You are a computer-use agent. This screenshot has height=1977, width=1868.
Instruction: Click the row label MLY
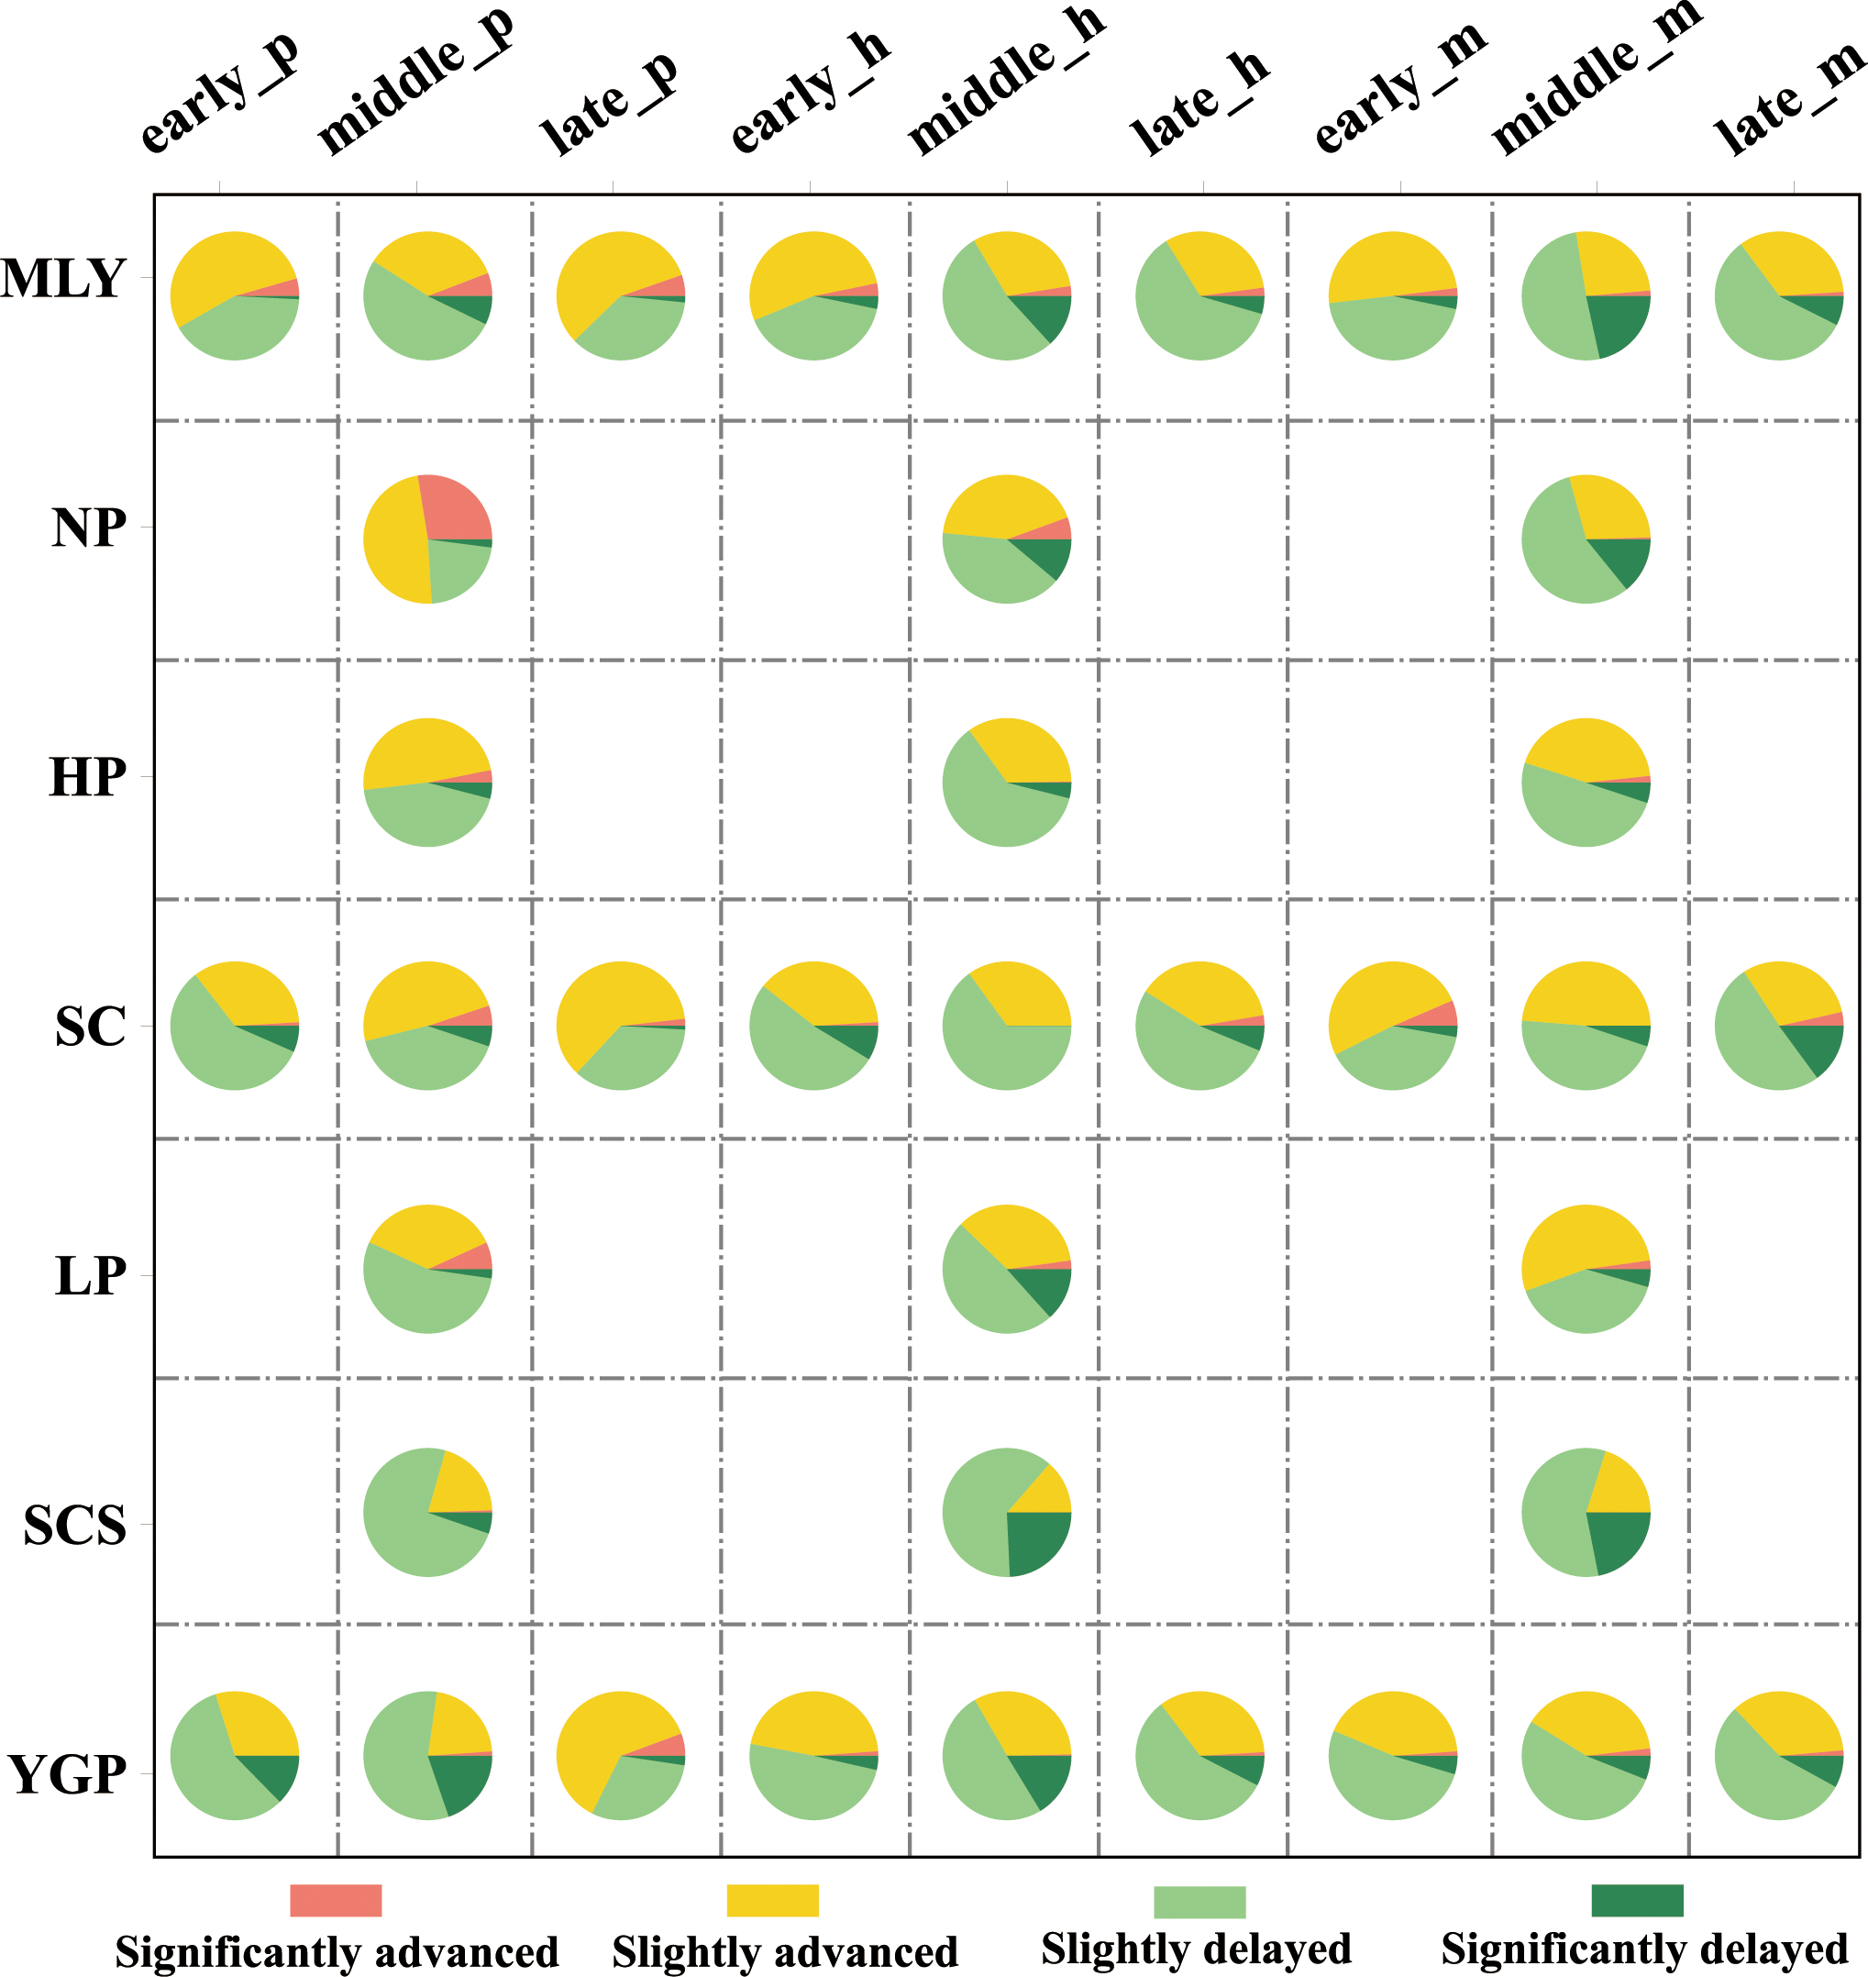(63, 278)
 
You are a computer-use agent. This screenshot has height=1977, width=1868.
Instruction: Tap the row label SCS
(74, 1525)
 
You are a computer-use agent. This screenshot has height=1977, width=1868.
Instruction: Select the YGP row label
(68, 1774)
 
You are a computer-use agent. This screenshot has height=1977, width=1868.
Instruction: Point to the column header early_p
(219, 94)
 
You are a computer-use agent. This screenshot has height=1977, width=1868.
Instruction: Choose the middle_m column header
(1595, 80)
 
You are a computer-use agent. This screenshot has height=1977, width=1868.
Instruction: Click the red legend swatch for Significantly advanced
(336, 1899)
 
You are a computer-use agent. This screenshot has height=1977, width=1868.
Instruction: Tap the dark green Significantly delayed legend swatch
(1637, 1899)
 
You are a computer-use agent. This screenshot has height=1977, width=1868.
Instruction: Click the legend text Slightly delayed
(1196, 1949)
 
